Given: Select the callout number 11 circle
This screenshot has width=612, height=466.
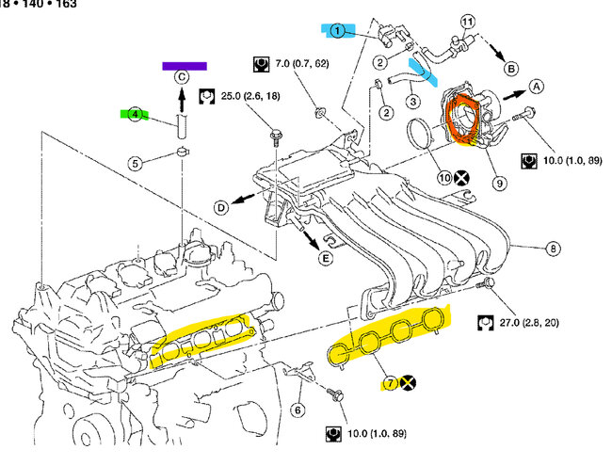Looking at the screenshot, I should click(468, 22).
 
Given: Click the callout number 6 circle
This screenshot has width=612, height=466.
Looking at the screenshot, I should click(297, 410).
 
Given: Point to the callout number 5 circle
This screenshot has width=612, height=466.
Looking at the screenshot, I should click(136, 163).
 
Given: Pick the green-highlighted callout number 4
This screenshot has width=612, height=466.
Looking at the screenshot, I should click(135, 114).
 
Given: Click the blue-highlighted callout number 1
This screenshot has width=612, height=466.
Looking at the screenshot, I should click(336, 31).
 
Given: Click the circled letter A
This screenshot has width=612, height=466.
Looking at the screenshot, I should click(537, 87).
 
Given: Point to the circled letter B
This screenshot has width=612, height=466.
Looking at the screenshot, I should click(511, 68).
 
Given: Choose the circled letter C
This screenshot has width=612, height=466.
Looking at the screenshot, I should click(182, 77).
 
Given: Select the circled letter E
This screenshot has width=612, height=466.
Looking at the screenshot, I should click(327, 255).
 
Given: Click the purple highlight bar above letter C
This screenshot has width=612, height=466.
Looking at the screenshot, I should click(184, 66).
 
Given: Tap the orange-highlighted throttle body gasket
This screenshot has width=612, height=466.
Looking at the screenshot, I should click(464, 119).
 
